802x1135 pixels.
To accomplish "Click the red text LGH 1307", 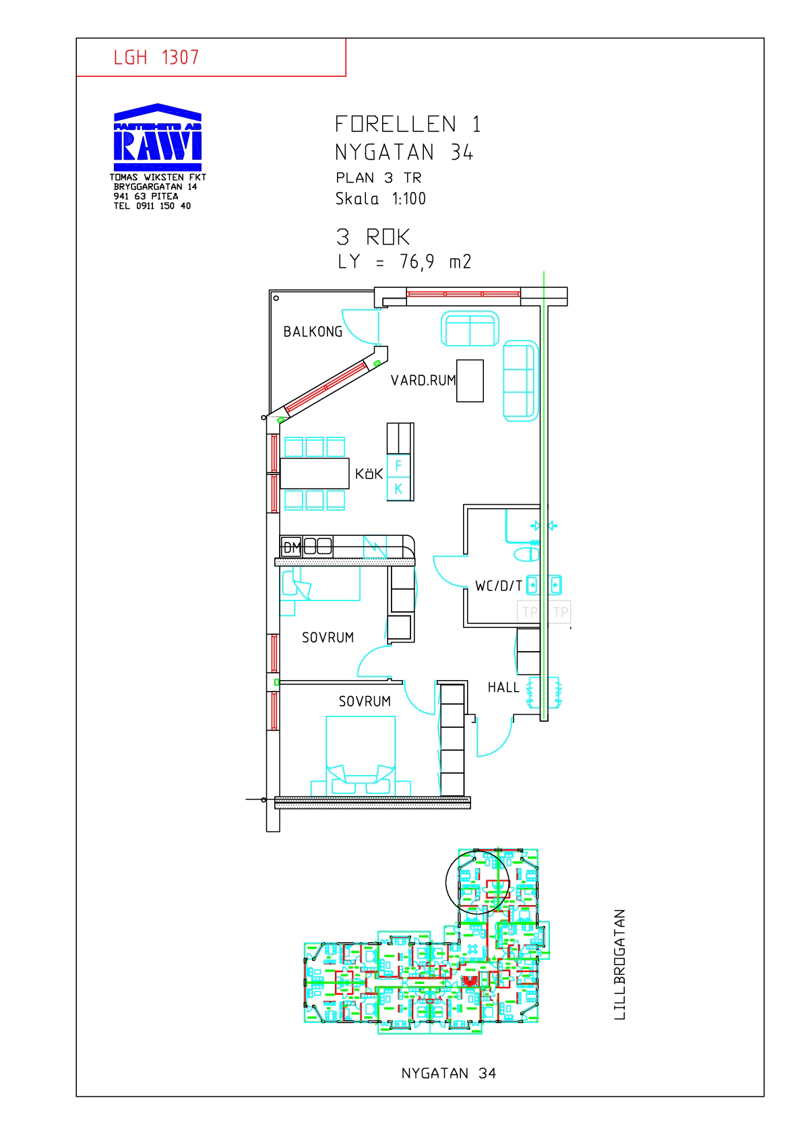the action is pos(156,57).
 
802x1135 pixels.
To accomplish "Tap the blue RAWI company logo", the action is pos(158,137).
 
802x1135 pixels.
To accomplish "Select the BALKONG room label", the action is pos(313,332).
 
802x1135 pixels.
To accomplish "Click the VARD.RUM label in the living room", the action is pos(423,381).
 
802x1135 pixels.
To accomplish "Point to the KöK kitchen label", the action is pos(369,474).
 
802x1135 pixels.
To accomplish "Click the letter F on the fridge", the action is pos(398,466).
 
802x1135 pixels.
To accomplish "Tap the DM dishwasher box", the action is pos(291,547).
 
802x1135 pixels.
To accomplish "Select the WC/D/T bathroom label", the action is pos(499,586).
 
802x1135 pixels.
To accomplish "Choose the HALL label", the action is pos(503,687).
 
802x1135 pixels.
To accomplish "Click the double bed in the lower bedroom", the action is pos(360,755).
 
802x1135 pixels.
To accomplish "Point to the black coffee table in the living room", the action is pos(470,381).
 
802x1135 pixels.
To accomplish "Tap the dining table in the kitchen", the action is pos(315,473).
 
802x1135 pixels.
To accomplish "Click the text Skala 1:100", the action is pos(381,199).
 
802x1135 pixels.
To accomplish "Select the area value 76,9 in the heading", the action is pos(417,262).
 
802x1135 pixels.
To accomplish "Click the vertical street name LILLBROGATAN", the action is pos(619,964).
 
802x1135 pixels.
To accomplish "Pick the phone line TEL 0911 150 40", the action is pos(152,206).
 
